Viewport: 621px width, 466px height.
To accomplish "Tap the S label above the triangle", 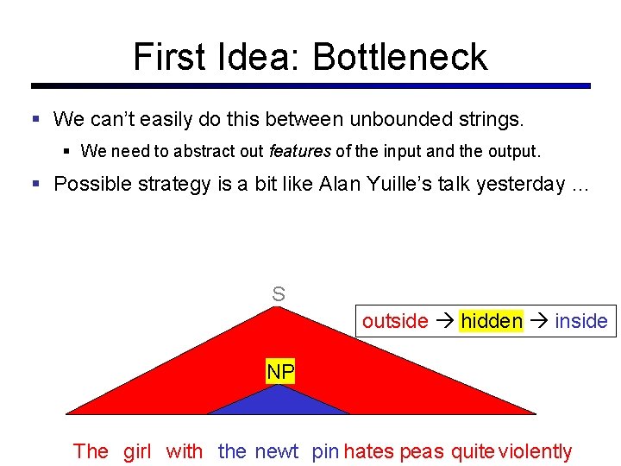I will click(x=279, y=294).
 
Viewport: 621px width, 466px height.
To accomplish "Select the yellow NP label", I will click(x=280, y=373).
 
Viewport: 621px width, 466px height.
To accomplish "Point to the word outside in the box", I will click(x=395, y=321).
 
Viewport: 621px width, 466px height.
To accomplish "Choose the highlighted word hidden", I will click(x=492, y=321).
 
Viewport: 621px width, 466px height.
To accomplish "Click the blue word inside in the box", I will click(x=581, y=321).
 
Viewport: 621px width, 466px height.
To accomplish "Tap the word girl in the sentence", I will click(x=137, y=451).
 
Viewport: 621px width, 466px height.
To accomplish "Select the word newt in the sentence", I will click(x=276, y=451).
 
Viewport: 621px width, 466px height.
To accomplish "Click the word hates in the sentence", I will click(x=368, y=451).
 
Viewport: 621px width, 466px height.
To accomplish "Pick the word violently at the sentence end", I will click(x=535, y=451).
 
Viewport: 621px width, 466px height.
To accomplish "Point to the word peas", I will click(x=422, y=451).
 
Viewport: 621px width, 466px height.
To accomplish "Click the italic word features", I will click(x=299, y=151).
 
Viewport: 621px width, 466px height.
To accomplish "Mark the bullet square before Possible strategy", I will click(x=36, y=184).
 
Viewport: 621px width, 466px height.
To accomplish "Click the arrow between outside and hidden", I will click(x=444, y=321).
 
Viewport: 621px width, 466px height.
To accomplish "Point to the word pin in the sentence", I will click(x=325, y=451).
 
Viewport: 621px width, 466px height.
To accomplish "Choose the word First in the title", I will click(x=170, y=57).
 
